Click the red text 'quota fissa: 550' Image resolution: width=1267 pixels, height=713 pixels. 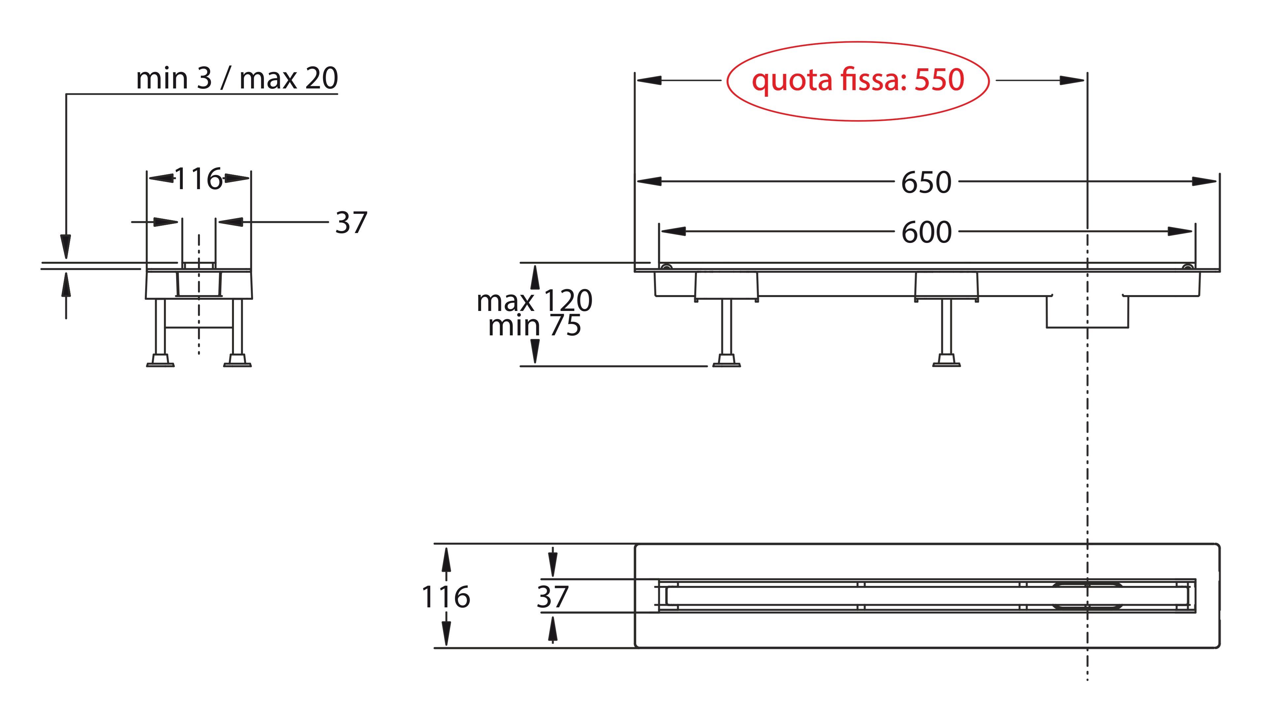point(858,80)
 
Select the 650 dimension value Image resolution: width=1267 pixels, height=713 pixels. point(926,183)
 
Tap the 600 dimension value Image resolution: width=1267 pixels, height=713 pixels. point(926,232)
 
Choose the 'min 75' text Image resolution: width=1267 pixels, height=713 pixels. point(534,325)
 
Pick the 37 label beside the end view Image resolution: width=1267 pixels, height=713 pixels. point(351,222)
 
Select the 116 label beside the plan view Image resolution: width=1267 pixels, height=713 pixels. point(446,596)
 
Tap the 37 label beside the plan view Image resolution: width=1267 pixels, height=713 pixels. point(552,596)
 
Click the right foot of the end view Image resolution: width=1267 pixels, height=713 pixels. point(238,361)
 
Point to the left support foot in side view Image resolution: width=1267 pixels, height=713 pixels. point(727,361)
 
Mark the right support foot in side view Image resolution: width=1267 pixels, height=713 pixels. point(946,361)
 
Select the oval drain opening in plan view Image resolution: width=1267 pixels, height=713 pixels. point(1087,596)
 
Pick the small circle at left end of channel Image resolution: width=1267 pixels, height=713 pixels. point(666,267)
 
